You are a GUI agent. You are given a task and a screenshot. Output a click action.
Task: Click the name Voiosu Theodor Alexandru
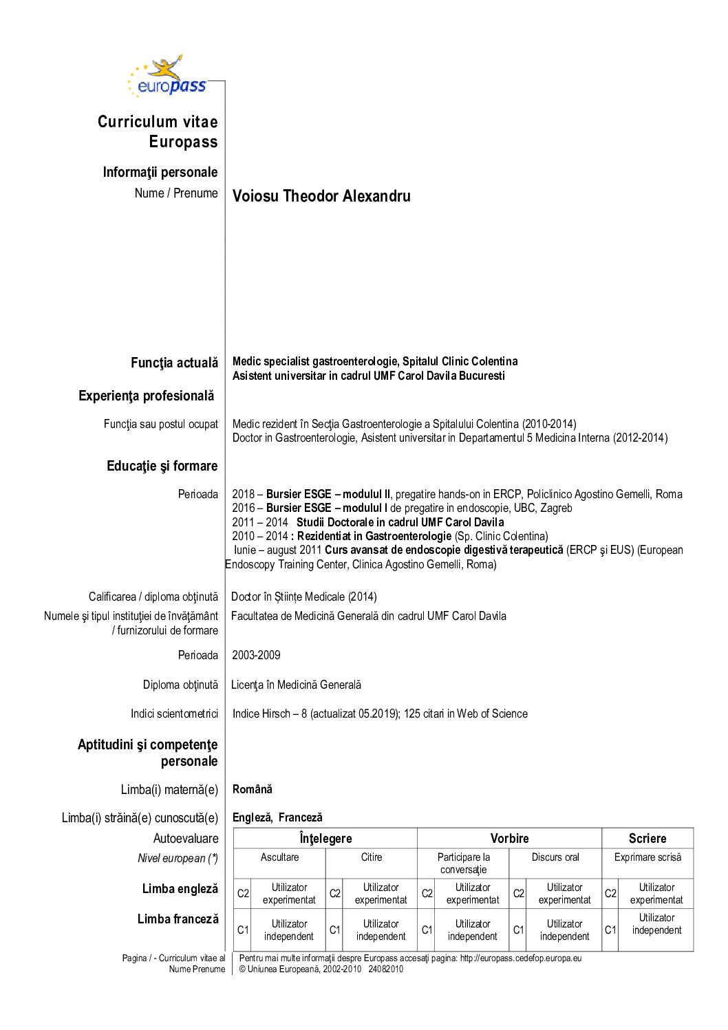coord(321,196)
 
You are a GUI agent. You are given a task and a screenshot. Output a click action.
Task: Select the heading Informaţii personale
coord(160,172)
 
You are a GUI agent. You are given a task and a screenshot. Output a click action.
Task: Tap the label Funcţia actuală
coord(174,363)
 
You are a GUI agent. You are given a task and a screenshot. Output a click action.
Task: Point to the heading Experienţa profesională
coord(146,396)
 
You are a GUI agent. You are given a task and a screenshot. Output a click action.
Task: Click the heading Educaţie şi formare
coord(162,466)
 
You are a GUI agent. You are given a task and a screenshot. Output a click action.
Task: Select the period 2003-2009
coord(256,655)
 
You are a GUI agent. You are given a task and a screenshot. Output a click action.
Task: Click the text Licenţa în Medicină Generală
coord(296,685)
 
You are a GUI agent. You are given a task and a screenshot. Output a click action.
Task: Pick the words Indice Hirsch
coord(261,714)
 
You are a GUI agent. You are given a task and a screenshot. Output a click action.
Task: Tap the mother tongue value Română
coord(253,789)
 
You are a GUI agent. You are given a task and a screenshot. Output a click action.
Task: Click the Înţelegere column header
coord(325,838)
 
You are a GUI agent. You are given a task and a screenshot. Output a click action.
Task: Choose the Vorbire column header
coord(509,838)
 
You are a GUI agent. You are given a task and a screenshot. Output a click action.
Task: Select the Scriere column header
coord(647,838)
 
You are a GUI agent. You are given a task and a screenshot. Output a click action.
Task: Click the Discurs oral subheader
coord(555,857)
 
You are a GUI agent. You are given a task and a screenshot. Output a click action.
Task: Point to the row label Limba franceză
coord(178,919)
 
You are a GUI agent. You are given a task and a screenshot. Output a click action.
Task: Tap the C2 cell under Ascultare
coord(243,893)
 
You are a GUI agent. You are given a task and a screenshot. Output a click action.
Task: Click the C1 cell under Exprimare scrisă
coord(610,930)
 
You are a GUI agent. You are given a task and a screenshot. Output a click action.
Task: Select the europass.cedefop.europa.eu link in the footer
coord(521,958)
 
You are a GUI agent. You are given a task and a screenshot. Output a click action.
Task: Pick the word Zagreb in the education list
coord(556,508)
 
